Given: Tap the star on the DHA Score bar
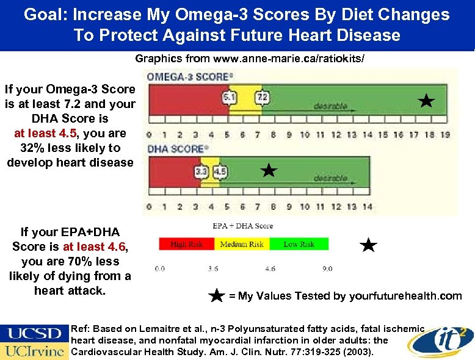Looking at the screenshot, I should click(268, 171).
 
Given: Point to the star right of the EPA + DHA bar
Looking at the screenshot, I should click(368, 245).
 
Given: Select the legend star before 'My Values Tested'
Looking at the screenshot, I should click(217, 296).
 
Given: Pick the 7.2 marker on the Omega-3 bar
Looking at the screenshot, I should click(262, 97).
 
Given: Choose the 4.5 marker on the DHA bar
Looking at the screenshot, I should click(220, 172).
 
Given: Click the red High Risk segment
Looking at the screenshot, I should click(187, 244).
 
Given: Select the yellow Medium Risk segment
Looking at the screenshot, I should click(242, 244).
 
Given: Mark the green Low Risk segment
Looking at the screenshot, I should click(299, 244).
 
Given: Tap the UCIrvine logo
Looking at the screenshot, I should click(35, 351).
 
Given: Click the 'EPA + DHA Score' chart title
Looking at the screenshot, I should click(243, 226).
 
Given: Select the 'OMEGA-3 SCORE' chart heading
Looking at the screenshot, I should click(189, 77).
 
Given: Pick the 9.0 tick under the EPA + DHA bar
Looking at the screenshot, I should click(327, 268).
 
